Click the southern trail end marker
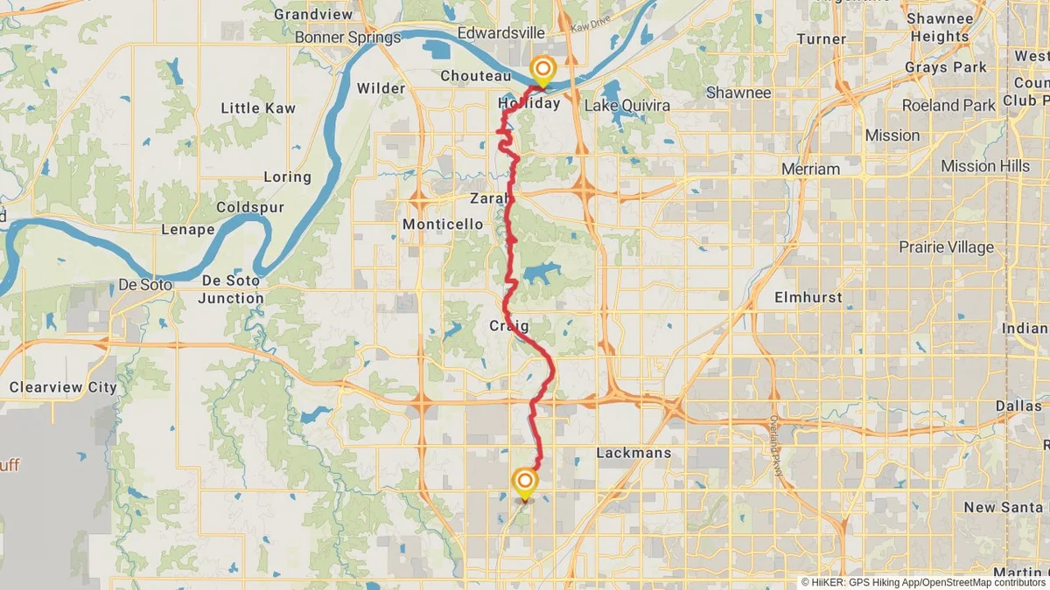(525, 482)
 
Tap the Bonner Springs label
(347, 38)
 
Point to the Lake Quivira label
(626, 106)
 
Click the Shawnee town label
(738, 93)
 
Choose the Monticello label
(442, 225)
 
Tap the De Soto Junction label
(232, 289)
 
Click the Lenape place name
(187, 230)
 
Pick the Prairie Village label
(946, 247)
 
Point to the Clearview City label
(62, 387)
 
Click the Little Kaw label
(257, 108)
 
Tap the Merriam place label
(809, 169)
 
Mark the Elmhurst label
(808, 297)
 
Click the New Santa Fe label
(1005, 507)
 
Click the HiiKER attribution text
(923, 581)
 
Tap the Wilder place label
(381, 88)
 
